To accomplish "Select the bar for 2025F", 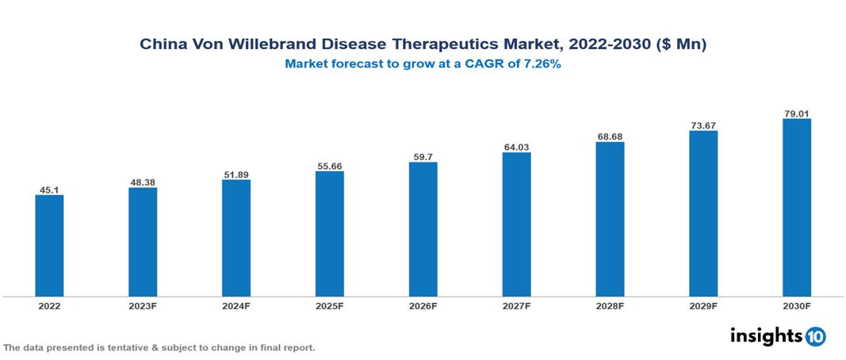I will pos(330,234).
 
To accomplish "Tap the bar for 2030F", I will pos(797,208).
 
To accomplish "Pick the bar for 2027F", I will pos(516,224).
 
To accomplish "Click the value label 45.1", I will pos(49,190).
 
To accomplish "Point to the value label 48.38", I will pos(143,182).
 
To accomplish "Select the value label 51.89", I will pos(236,174).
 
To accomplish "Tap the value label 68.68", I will pos(610,136).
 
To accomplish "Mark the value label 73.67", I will pos(703,125).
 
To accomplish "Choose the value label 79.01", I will pos(797,113).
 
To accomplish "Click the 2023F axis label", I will pos(143,306).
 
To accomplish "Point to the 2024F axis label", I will pos(236,306).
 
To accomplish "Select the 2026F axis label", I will pos(423,306).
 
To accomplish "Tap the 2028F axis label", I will pos(610,306).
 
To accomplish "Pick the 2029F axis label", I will pos(703,306).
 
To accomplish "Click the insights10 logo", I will pos(777,336).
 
